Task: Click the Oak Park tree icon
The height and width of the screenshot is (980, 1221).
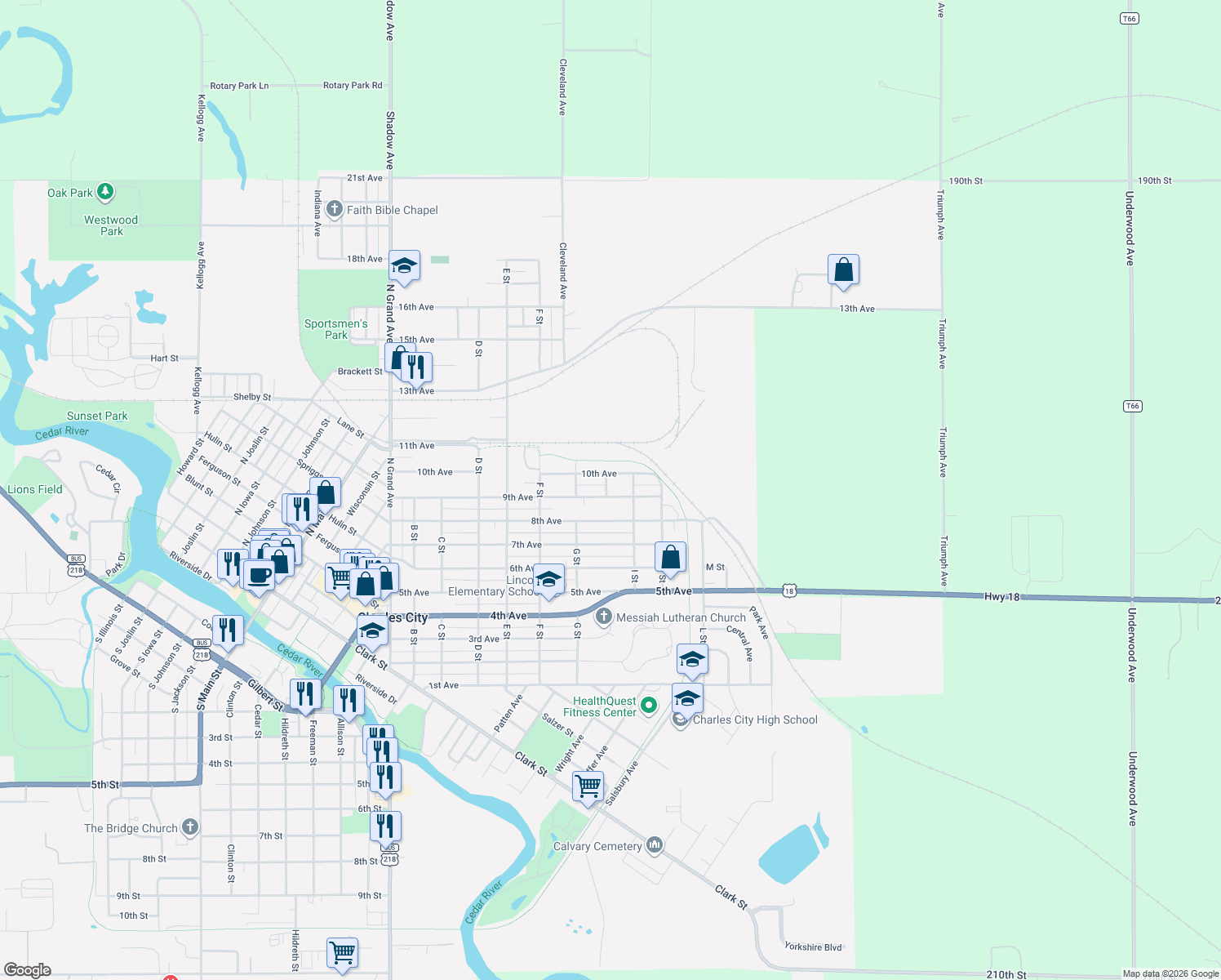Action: click(x=104, y=193)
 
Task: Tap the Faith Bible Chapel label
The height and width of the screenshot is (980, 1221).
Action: click(x=392, y=210)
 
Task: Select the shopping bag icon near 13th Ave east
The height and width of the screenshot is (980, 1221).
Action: click(x=843, y=269)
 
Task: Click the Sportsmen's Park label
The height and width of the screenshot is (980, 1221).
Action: click(x=335, y=329)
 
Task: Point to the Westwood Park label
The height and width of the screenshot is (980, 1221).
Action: click(x=111, y=225)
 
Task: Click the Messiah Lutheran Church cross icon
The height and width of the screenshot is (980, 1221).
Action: click(x=603, y=617)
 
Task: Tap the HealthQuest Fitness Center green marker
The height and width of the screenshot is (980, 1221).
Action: click(x=649, y=705)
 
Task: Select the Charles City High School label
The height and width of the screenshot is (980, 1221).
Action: click(x=754, y=719)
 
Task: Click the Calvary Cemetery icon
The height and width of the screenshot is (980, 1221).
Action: click(x=654, y=845)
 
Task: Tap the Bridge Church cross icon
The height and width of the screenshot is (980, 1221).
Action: click(x=189, y=827)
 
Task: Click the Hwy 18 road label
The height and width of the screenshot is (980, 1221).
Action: click(x=1001, y=597)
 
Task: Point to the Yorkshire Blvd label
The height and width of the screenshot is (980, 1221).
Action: click(x=813, y=947)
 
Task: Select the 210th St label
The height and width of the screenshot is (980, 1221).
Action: click(x=1006, y=974)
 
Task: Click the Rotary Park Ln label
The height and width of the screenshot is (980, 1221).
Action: click(x=239, y=86)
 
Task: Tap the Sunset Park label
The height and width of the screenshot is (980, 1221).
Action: click(x=97, y=416)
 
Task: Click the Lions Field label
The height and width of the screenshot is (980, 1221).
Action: click(x=35, y=489)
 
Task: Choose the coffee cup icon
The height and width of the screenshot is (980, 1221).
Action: click(x=259, y=575)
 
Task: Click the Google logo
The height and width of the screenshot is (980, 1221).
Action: click(x=27, y=970)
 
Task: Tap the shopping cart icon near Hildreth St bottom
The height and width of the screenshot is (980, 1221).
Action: click(x=342, y=952)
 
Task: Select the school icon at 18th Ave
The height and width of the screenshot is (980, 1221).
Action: click(x=403, y=265)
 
